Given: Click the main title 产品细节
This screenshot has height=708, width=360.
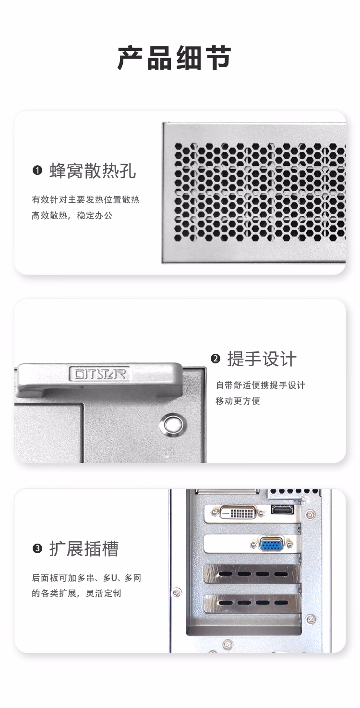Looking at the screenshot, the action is (174, 58).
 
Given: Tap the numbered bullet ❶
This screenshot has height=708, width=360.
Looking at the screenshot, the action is (37, 171).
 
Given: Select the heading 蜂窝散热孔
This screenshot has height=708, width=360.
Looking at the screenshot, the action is (93, 171).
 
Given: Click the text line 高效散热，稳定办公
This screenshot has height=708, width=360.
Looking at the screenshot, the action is (72, 215).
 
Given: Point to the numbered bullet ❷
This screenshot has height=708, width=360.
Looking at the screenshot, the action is (215, 359).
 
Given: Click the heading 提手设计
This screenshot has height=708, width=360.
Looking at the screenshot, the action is (262, 359).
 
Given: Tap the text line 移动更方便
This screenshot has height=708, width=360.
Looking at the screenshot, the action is (238, 401).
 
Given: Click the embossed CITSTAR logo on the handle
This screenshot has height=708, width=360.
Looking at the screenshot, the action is (98, 373).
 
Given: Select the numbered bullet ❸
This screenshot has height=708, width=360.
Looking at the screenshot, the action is (37, 548).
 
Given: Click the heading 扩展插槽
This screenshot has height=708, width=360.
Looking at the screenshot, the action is (84, 548).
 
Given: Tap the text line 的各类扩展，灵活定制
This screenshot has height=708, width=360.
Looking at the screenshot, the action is (76, 593).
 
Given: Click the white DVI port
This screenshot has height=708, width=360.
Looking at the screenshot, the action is (238, 512).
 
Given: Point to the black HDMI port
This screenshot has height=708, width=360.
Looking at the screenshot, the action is (282, 509).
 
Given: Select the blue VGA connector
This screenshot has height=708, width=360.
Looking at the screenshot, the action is (271, 544).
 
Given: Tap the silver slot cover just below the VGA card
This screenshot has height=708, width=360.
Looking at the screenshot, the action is (252, 573).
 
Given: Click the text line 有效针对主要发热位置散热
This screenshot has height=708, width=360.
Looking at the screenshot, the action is (85, 200).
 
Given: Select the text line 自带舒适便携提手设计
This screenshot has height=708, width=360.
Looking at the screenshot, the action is (260, 385).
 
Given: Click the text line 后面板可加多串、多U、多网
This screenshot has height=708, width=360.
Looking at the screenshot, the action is (86, 578).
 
